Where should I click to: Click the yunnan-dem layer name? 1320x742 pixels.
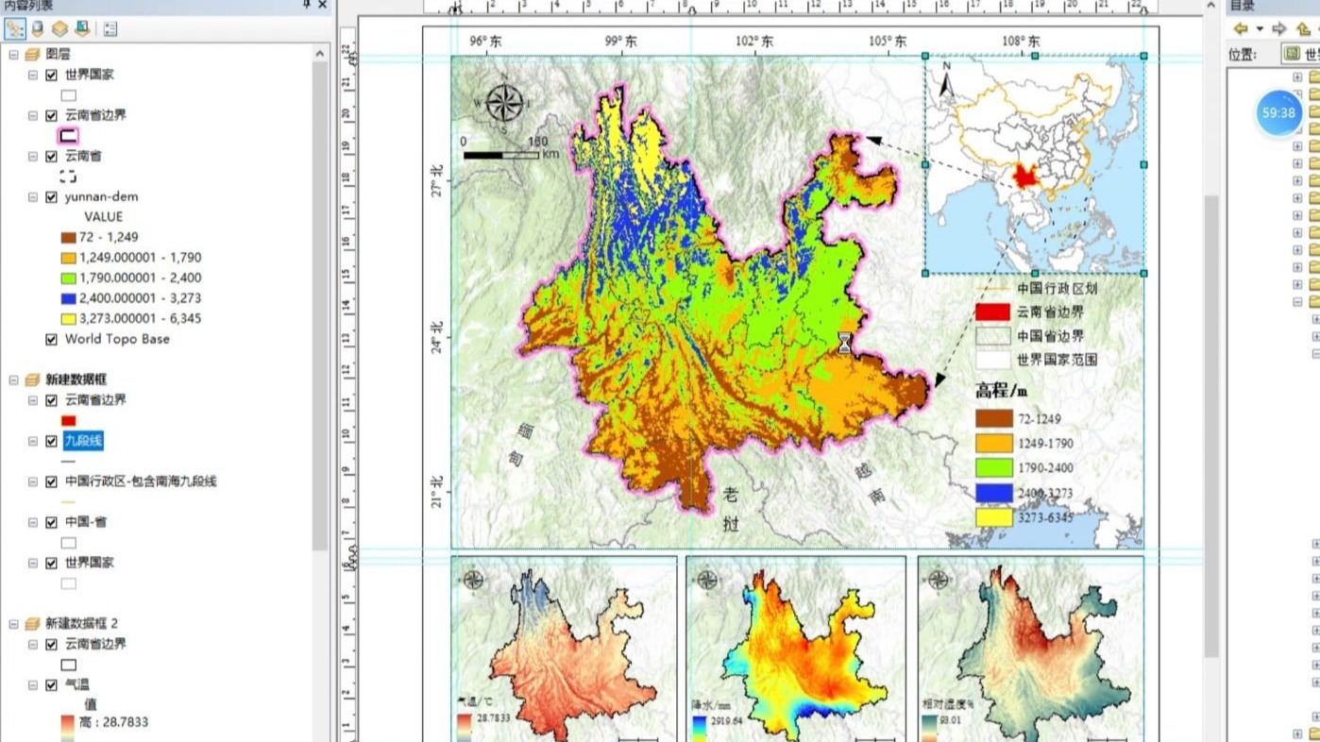[101, 196]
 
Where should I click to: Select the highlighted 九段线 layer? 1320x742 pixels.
[83, 440]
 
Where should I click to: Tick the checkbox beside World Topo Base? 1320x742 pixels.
[51, 339]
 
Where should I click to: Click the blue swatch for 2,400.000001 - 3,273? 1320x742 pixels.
[68, 298]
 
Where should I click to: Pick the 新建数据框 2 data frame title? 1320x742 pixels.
[81, 623]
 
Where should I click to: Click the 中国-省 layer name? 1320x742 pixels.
[89, 521]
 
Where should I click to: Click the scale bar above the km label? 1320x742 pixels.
[500, 154]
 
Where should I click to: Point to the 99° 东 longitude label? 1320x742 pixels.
[620, 42]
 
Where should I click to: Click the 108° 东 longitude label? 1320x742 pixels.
[1021, 42]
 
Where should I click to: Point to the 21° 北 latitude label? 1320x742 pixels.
[436, 493]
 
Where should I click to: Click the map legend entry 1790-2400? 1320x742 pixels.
[1044, 468]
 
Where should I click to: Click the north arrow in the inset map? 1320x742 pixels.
[947, 86]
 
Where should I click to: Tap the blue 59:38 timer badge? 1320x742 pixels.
[1278, 112]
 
